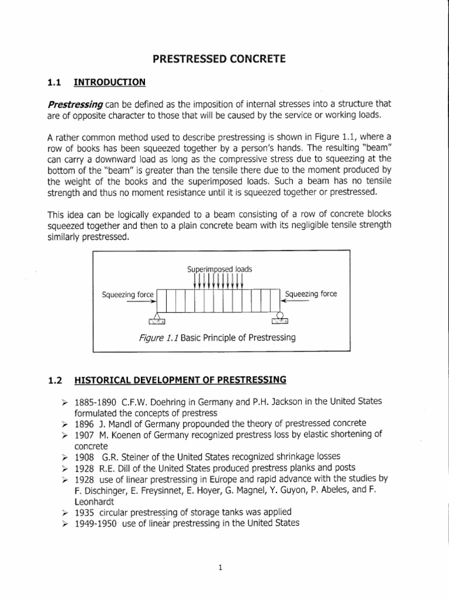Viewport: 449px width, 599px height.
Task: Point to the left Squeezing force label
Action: [x=127, y=294]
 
